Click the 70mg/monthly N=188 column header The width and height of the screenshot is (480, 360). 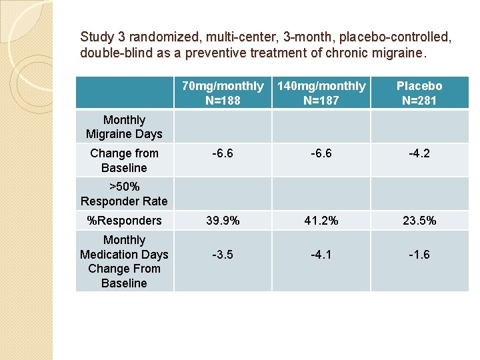[223, 93]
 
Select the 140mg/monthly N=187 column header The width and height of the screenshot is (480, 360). [321, 93]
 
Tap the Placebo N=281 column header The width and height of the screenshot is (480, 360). [419, 93]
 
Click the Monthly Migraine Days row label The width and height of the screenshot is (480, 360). [124, 127]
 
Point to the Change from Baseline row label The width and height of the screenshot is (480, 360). [124, 161]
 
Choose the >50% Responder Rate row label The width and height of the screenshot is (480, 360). [124, 194]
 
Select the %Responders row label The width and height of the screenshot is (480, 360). [124, 220]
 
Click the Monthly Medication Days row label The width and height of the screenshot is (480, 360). [124, 261]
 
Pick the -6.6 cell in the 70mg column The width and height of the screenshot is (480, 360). [223, 153]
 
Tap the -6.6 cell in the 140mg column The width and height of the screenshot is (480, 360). [321, 153]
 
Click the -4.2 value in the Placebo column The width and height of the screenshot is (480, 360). [419, 153]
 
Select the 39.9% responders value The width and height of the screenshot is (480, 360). [223, 220]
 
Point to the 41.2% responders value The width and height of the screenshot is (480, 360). [321, 220]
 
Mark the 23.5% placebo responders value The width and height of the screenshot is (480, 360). [419, 220]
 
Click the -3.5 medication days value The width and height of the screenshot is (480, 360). [223, 254]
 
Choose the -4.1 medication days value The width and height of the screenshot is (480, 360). [321, 254]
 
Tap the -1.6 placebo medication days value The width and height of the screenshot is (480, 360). [419, 254]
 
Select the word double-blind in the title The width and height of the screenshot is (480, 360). [109, 53]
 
